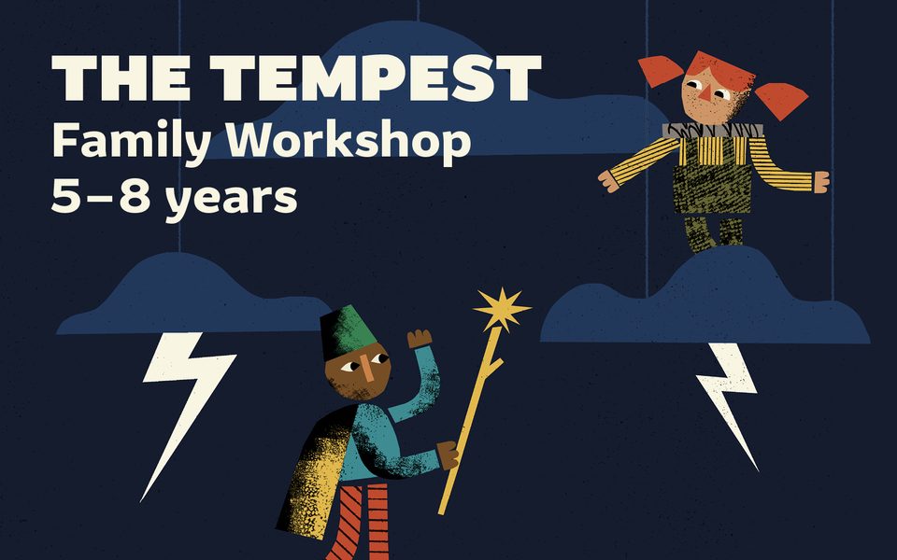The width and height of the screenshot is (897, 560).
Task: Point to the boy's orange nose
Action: (367, 371)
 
